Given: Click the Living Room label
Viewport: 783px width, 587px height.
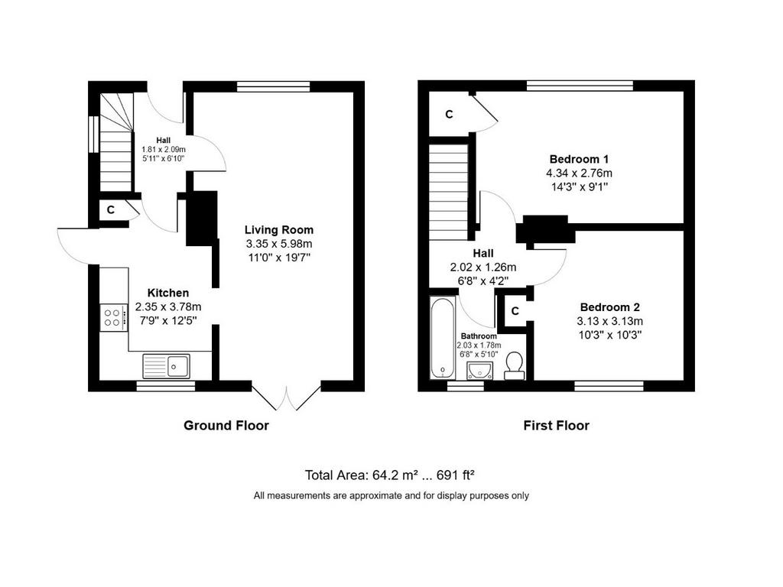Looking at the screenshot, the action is point(278,230).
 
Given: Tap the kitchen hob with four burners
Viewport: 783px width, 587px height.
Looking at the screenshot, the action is point(112,318).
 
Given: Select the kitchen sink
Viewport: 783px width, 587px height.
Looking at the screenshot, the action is point(166,366).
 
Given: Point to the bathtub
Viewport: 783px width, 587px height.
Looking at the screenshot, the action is point(443,338).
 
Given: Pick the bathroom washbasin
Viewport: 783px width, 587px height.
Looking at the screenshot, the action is point(479,371).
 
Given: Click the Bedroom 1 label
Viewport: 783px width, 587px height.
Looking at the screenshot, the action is point(579,159).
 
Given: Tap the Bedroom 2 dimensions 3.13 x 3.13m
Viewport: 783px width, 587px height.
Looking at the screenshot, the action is point(609,321).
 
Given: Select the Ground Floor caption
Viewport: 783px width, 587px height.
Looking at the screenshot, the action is point(226,425).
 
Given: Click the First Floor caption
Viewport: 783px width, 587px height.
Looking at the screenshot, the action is point(557,425).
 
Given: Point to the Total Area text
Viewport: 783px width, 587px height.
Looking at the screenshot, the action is point(389,475).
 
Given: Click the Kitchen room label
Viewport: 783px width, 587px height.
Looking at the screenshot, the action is point(168,293).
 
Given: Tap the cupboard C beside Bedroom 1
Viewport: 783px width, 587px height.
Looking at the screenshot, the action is point(449,115).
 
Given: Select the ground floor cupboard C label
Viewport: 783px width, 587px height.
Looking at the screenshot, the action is point(111,209).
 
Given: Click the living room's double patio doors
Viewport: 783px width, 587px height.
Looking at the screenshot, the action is point(286,397).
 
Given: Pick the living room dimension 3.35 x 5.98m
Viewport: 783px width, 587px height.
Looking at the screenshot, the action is point(278,244).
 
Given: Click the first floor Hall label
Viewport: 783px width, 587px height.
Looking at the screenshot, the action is point(483,253).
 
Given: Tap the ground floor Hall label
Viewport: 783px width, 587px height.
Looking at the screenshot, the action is point(164,141).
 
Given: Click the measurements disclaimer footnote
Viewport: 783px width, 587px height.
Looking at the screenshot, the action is point(391,495).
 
